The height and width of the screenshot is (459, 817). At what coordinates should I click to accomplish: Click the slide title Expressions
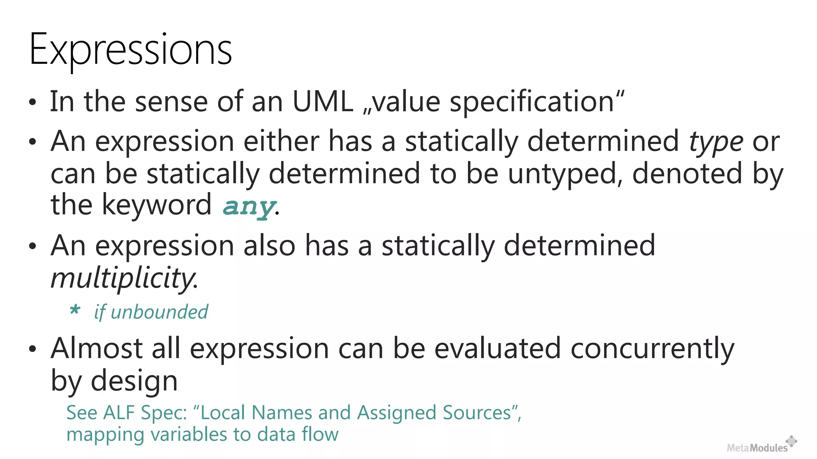[130, 50]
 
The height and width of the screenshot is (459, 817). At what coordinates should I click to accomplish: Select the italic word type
[716, 142]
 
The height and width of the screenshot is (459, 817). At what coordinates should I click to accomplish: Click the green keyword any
[249, 206]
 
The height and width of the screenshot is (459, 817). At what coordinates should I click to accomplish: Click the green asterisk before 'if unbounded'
[75, 310]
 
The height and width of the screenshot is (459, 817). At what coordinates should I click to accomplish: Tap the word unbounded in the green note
[159, 312]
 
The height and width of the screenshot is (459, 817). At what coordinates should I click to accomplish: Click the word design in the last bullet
[134, 381]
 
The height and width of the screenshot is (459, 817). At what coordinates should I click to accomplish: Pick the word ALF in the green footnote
[119, 413]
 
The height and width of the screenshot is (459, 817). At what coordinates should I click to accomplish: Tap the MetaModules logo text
[757, 448]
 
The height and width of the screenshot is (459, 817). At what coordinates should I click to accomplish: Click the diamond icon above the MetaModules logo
[791, 441]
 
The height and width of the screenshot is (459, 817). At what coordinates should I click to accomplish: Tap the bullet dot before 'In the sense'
[33, 102]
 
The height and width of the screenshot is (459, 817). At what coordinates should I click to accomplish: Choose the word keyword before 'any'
[157, 205]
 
